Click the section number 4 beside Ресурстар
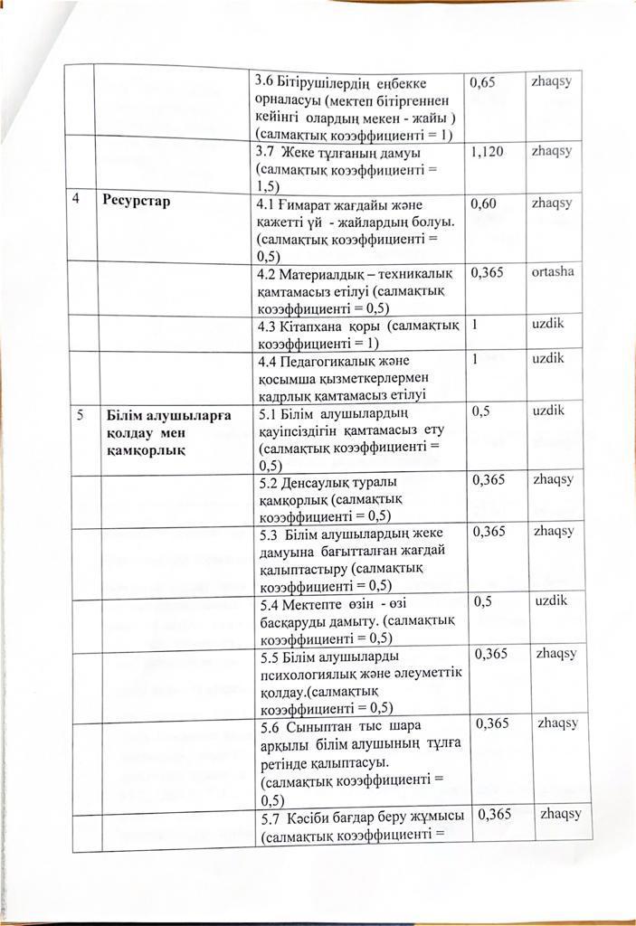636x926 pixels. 78,201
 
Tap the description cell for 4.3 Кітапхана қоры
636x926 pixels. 359,334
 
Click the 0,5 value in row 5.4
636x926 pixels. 485,602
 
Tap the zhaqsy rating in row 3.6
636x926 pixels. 553,80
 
